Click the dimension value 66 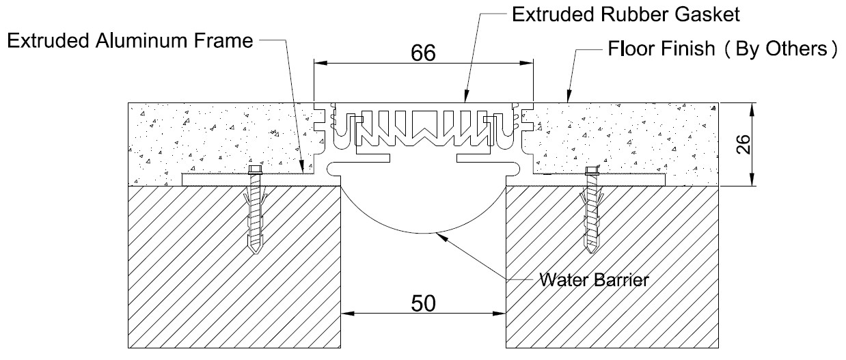(423, 53)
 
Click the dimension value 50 (423, 303)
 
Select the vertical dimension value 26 (743, 144)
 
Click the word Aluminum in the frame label (142, 41)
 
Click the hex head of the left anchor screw (256, 169)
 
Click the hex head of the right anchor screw (592, 171)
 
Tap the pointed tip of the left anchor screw (256, 253)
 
